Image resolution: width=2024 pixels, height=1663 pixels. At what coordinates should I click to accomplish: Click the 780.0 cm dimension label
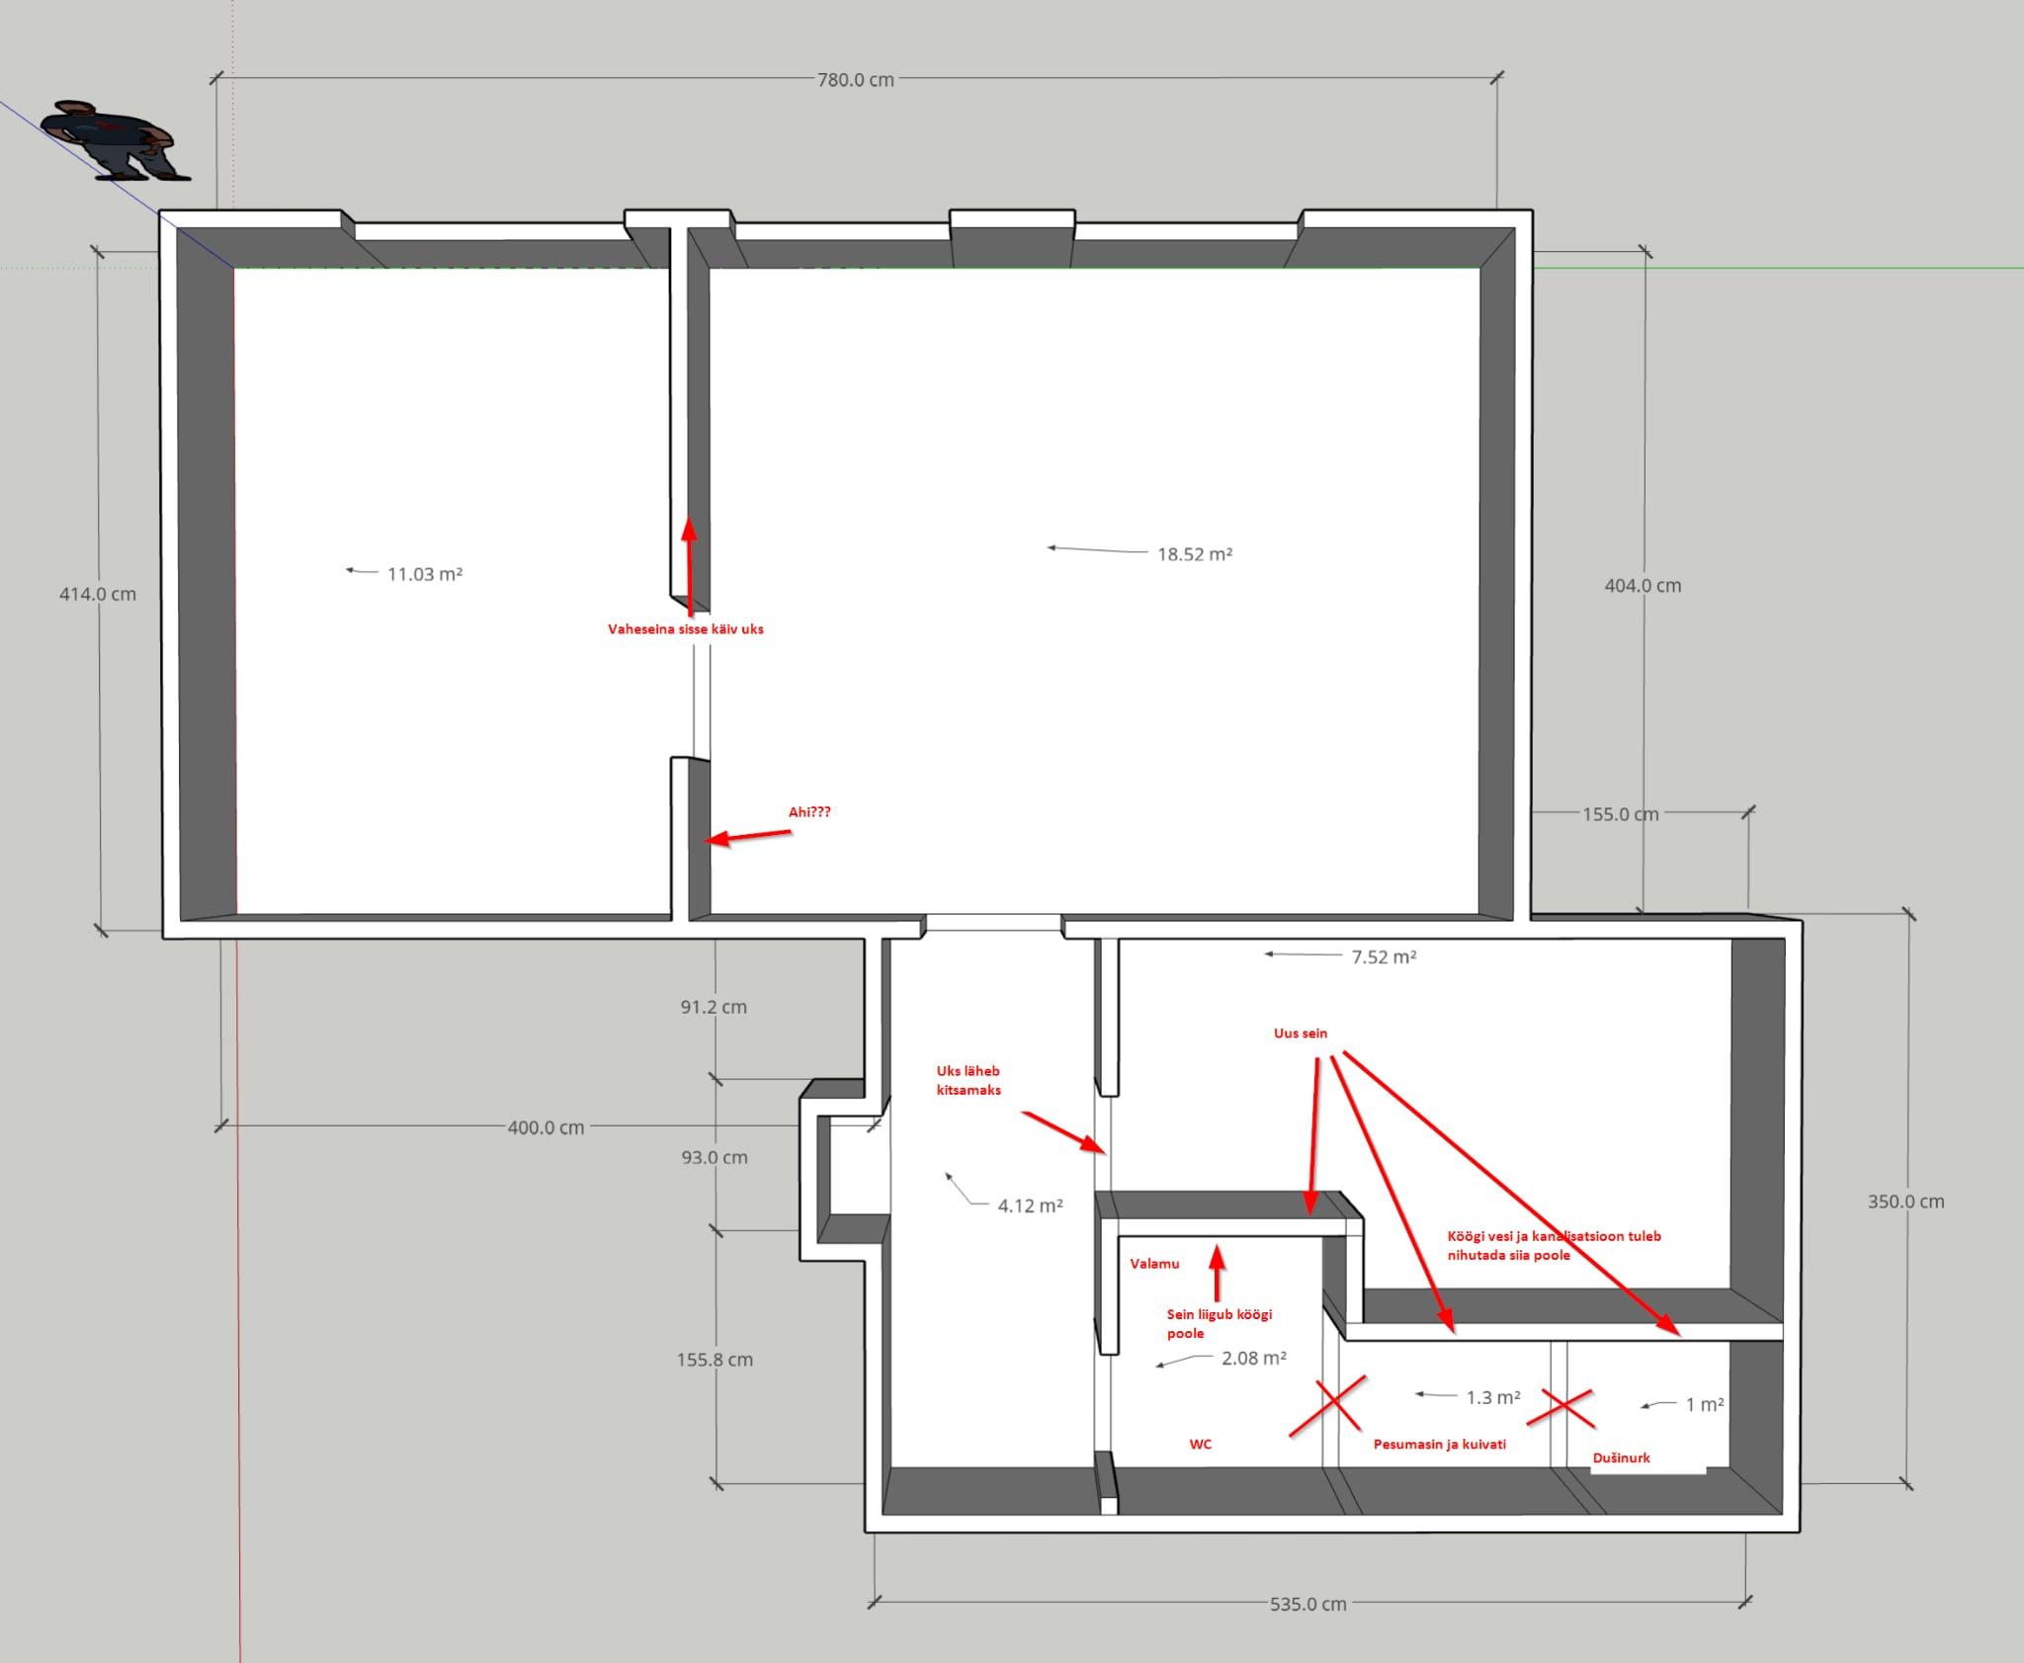[x=855, y=80]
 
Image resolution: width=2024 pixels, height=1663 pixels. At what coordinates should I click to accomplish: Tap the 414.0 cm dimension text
[x=98, y=594]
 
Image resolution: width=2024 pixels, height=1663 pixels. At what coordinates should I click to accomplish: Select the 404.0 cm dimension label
[x=1643, y=585]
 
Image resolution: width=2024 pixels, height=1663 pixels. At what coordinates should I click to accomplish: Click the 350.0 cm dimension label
[x=1905, y=1202]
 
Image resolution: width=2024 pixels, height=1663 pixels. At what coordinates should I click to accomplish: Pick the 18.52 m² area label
[x=1195, y=554]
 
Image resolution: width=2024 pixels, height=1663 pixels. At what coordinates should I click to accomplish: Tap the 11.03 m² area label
[x=425, y=574]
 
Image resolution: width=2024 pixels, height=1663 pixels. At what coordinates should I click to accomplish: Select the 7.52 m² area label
[x=1384, y=956]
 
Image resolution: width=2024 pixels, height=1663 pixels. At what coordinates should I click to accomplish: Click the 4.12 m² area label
[x=1030, y=1206]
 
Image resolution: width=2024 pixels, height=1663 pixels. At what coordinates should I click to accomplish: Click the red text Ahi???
[x=809, y=812]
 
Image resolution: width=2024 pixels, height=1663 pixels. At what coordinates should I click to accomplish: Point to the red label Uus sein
[x=1301, y=1034]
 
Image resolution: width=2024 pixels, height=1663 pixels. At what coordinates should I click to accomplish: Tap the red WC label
[x=1200, y=1444]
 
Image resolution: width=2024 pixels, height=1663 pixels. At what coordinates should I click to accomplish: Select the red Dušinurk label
[x=1622, y=1457]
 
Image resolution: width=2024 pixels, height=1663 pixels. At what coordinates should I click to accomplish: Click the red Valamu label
[x=1154, y=1264]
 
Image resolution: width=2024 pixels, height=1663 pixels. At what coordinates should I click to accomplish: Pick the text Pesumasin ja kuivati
[x=1440, y=1444]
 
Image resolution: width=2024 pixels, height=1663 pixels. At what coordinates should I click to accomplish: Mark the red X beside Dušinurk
[x=1560, y=1409]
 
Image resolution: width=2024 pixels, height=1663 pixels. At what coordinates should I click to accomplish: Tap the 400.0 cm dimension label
[x=546, y=1127]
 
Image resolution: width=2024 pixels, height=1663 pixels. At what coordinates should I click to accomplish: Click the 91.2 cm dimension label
[x=714, y=1007]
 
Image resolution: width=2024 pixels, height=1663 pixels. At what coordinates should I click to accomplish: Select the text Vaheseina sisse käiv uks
[x=686, y=628]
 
